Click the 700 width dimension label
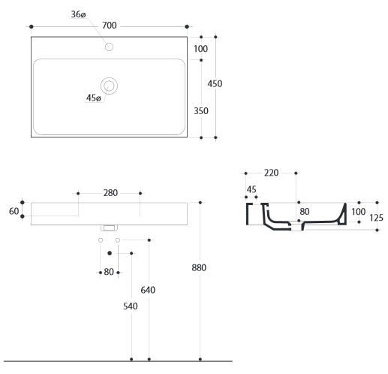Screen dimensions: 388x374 (110, 26)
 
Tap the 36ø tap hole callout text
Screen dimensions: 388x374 (78, 14)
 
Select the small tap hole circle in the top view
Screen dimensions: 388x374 (109, 47)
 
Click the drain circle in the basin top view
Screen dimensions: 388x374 (109, 86)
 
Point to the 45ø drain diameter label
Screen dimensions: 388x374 (94, 98)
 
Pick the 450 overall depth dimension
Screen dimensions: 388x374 (215, 83)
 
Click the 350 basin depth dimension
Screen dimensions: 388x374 (201, 111)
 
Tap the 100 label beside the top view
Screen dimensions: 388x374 (201, 49)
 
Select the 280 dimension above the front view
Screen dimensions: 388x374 (110, 193)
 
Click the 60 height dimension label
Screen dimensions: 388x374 (14, 211)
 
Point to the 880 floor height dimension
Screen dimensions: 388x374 (199, 267)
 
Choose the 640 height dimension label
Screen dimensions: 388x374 (148, 290)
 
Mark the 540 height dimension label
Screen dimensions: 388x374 (131, 306)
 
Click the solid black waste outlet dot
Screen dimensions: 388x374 (110, 253)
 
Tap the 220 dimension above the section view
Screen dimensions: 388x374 (272, 173)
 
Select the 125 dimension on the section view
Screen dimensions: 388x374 (377, 218)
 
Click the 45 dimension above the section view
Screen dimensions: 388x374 (251, 189)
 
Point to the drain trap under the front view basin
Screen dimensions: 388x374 (109, 228)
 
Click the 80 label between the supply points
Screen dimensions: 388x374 (109, 272)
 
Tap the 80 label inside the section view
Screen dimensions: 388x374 (305, 212)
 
